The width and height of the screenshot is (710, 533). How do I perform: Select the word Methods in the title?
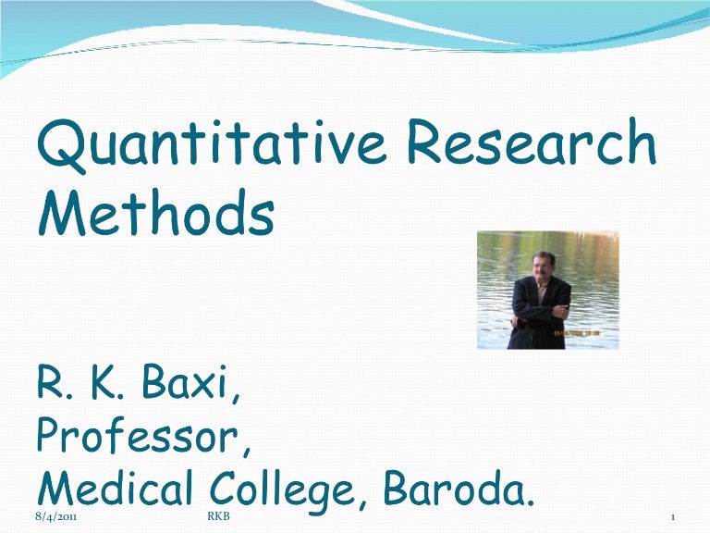pyautogui.click(x=156, y=215)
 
